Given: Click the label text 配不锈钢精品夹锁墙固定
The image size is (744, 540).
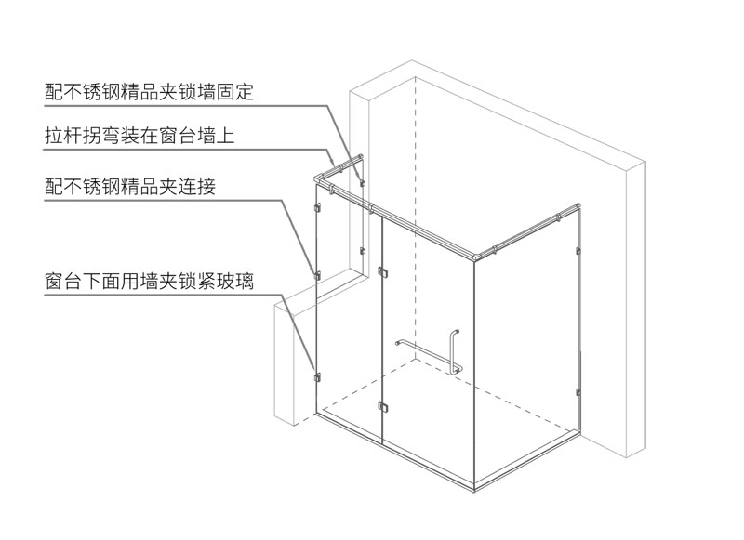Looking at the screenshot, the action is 149,92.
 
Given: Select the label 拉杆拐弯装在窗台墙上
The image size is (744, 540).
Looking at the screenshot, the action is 139,136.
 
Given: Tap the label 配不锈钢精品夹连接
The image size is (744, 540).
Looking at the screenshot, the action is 130,186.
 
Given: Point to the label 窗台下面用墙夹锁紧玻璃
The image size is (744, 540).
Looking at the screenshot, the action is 149,281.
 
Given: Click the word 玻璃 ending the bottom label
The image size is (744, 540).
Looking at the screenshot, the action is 235,281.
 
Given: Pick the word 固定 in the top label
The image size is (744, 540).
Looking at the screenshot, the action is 235,92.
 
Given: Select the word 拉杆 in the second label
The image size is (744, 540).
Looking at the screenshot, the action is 63,136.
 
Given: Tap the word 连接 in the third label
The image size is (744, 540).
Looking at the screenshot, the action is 197,186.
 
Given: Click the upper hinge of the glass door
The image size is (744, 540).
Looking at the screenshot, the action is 382,272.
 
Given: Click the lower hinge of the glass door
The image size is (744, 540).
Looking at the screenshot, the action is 382,407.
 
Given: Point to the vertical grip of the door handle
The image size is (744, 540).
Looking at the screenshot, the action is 454,349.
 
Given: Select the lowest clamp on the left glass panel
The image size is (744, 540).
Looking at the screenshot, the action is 317,377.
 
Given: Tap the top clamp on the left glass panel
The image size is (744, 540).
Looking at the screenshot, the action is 317,208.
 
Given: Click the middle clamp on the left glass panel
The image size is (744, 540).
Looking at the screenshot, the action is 317,275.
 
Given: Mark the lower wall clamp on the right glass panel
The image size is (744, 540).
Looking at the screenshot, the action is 578,392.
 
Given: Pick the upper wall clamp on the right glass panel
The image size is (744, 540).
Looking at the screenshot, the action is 578,251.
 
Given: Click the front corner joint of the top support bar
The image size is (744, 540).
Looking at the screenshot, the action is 473,256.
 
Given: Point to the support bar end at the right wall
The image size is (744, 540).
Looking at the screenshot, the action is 578,206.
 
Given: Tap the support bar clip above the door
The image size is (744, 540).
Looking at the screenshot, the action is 371,207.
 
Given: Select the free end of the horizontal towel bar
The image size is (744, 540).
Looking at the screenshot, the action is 398,343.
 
